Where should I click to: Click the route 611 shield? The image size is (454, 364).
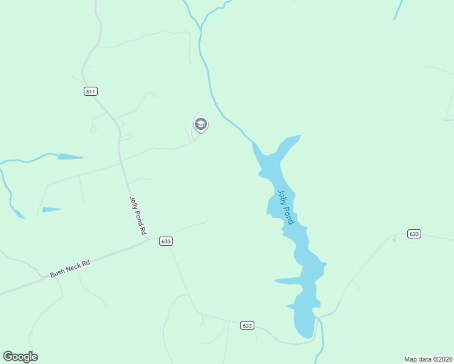90,91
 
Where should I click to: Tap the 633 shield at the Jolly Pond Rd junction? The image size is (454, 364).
166,241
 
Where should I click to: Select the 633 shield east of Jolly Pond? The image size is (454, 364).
415,234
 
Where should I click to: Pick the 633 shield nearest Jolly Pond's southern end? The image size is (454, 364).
246,325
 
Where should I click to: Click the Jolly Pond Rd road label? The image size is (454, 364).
138,215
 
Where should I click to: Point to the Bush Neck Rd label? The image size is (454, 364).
70,269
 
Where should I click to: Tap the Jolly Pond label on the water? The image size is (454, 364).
285,207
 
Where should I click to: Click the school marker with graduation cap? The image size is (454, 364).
200,124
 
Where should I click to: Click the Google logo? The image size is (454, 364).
20,357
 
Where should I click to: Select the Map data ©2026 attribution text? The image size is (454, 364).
428,359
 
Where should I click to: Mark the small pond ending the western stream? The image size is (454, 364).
70,157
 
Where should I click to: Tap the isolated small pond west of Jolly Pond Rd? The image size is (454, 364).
52,210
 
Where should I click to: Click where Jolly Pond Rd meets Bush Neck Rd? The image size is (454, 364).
147,239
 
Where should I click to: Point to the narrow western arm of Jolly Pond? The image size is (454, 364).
288,281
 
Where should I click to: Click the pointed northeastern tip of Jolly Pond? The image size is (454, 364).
299,136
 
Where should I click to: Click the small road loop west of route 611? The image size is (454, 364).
93,129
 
